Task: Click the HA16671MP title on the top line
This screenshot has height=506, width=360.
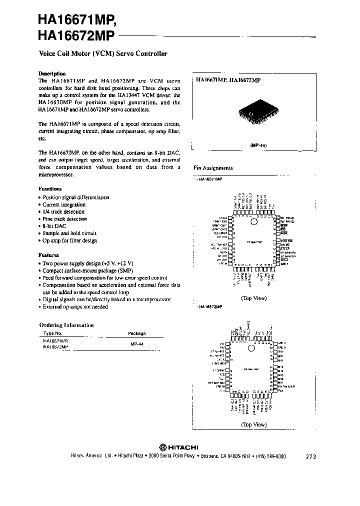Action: click(76, 20)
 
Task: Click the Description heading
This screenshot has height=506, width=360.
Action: click(52, 72)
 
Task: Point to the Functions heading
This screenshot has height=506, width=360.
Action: click(50, 189)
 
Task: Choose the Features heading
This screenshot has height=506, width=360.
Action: click(48, 254)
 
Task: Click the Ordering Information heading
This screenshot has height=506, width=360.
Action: click(66, 325)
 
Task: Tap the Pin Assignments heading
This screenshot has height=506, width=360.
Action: click(213, 168)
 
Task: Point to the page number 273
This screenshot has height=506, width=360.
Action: click(310, 456)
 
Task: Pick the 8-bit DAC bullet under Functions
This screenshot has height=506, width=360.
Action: click(54, 226)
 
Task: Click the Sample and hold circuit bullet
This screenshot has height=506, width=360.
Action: click(69, 233)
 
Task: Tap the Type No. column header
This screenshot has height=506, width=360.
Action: click(52, 333)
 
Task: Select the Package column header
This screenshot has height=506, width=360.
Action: click(137, 333)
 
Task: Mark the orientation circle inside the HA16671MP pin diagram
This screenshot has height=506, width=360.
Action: click(253, 221)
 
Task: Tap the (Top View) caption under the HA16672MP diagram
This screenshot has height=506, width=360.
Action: click(253, 424)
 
